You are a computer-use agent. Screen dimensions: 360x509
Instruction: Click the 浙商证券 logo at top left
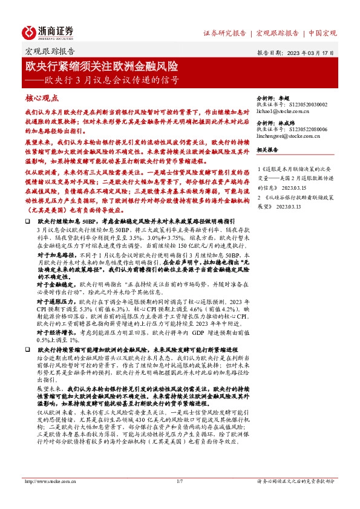pyautogui.click(x=48, y=31)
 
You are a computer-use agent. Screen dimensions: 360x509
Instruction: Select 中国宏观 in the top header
pyautogui.click(x=322, y=33)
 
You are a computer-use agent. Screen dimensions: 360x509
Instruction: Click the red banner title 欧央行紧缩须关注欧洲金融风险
pyautogui.click(x=101, y=65)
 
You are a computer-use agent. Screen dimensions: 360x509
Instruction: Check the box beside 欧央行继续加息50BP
pyautogui.click(x=28, y=223)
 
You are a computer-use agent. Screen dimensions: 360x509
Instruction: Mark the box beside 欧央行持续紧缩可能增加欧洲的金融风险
pyautogui.click(x=28, y=349)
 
